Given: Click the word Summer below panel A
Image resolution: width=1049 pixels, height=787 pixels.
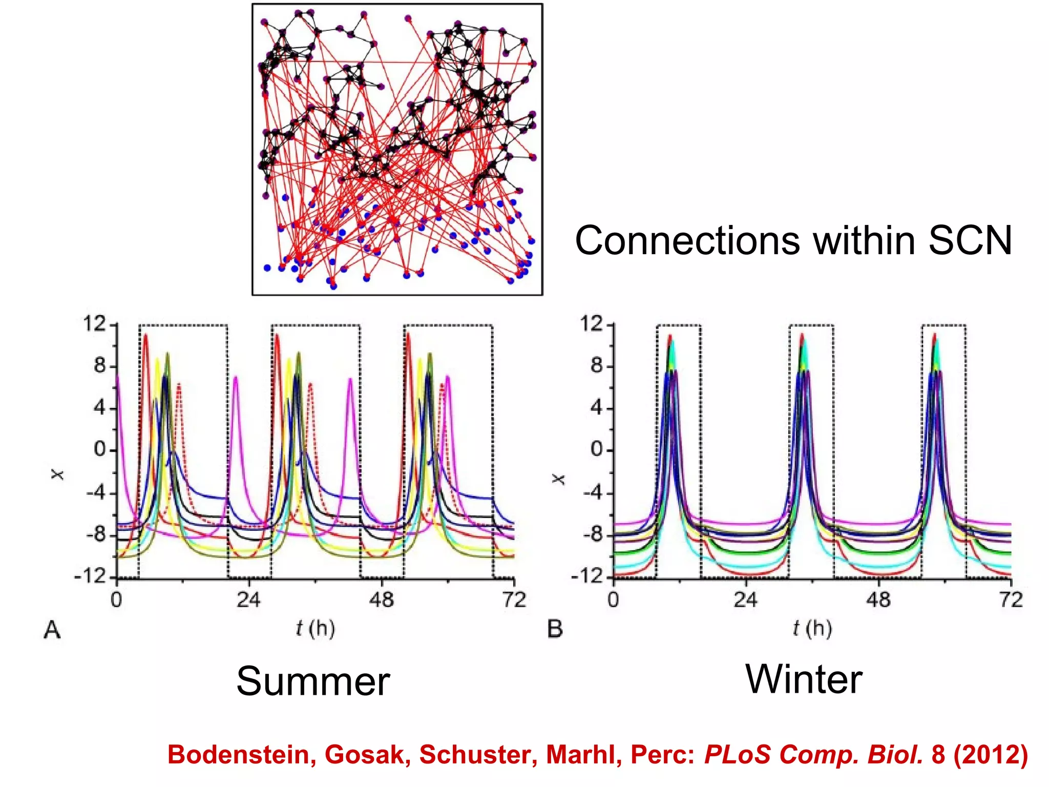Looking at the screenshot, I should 313,681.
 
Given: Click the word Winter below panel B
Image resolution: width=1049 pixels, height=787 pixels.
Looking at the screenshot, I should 803,679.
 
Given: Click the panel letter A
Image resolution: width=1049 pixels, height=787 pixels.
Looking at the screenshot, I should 52,630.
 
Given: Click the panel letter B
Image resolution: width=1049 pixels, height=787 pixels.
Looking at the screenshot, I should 555,629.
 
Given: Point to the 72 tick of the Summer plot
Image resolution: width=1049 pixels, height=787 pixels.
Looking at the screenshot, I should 514,599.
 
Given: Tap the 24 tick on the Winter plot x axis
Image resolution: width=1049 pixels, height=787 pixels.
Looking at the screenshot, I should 745,599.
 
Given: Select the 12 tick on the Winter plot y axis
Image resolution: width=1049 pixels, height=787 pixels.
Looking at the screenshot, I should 592,324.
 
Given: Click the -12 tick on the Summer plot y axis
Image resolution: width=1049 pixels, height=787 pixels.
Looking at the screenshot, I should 90,577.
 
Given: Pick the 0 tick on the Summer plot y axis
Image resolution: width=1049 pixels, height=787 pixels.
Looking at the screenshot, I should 100,450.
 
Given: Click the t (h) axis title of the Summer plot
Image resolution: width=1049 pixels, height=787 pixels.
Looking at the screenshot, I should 315,628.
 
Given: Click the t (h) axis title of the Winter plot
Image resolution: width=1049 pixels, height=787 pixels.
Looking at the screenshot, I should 812,628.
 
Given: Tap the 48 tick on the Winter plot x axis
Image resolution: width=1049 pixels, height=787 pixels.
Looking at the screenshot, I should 878,599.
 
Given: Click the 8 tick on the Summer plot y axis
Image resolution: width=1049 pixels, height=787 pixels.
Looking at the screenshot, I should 100,366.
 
